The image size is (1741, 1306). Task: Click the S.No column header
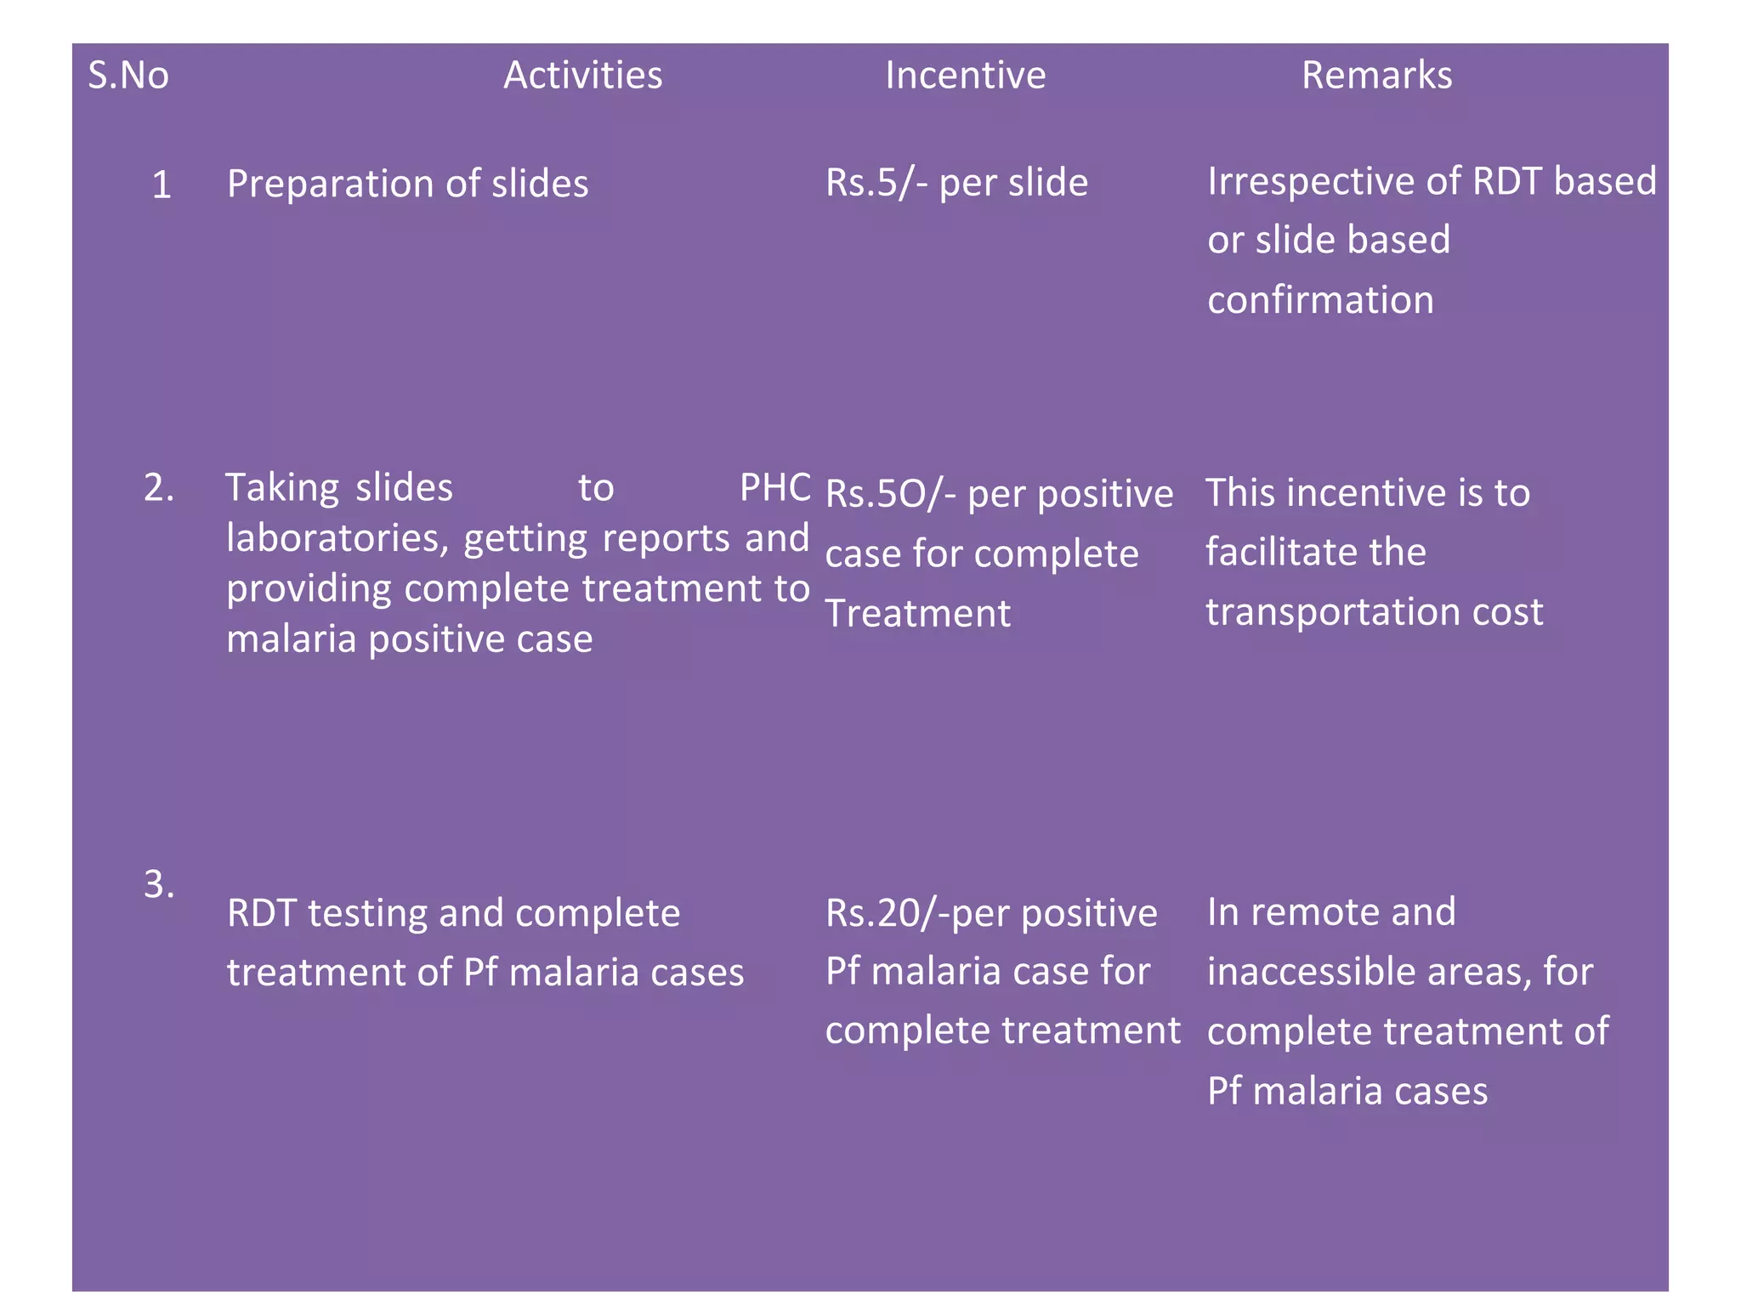[x=128, y=76]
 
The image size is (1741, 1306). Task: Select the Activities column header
[x=582, y=76]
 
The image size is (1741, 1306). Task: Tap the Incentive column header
[x=965, y=76]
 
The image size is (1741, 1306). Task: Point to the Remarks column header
[x=1376, y=76]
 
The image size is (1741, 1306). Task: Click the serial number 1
[x=162, y=185]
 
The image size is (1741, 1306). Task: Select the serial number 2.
[x=158, y=488]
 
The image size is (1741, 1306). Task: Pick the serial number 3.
[x=158, y=885]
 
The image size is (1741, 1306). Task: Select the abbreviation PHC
[x=774, y=488]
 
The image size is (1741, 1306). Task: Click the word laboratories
[x=337, y=539]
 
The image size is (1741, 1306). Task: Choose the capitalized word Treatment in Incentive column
[x=918, y=614]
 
